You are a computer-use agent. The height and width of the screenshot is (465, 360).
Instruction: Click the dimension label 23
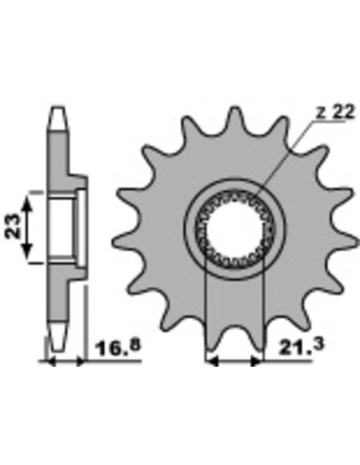11,226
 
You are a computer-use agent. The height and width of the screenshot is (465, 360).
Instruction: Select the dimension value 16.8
118,348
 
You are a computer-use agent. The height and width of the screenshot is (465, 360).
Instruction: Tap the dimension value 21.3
300,347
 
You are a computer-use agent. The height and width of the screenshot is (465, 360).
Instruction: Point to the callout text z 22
335,112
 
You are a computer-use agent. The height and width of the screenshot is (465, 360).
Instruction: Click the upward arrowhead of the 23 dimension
27,203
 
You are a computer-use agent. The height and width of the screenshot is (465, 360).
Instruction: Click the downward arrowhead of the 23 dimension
27,251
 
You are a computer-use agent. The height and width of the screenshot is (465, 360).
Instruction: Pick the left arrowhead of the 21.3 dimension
211,362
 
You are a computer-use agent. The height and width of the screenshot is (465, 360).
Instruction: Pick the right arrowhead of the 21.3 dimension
256,362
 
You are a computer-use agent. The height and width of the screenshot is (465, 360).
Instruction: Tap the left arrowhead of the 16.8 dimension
50,362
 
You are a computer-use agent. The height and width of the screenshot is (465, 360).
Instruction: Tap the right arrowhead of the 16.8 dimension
81,362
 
